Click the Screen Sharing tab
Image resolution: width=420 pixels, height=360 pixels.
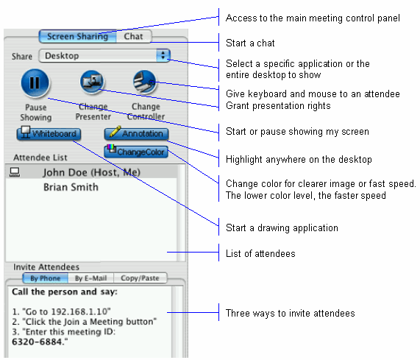tap(78, 37)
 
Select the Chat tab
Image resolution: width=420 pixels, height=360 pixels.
tap(134, 37)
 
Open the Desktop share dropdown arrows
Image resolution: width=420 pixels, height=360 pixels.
tap(163, 55)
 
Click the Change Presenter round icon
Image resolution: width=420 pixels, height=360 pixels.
tap(92, 82)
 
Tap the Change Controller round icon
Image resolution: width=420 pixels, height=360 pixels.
tap(145, 82)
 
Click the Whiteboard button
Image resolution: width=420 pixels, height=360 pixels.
tap(49, 133)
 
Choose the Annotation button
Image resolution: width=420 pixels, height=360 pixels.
tap(136, 133)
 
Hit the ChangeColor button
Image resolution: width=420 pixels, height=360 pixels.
tap(136, 152)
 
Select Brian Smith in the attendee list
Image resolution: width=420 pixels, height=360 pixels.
tap(71, 187)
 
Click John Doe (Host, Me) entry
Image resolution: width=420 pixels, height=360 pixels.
tap(92, 172)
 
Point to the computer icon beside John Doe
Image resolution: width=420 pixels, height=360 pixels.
tap(15, 172)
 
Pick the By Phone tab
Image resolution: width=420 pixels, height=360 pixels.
tap(46, 278)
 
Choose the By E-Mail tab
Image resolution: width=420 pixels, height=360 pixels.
tap(90, 278)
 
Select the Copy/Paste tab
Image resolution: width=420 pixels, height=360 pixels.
tap(140, 278)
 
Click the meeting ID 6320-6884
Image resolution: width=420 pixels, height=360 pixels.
tap(37, 342)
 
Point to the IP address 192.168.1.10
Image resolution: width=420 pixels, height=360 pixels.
tap(79, 311)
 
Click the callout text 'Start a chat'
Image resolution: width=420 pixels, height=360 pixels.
tap(250, 43)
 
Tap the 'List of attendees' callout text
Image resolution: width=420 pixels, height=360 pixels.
tap(260, 253)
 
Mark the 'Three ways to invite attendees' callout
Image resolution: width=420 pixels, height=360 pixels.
tap(291, 313)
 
